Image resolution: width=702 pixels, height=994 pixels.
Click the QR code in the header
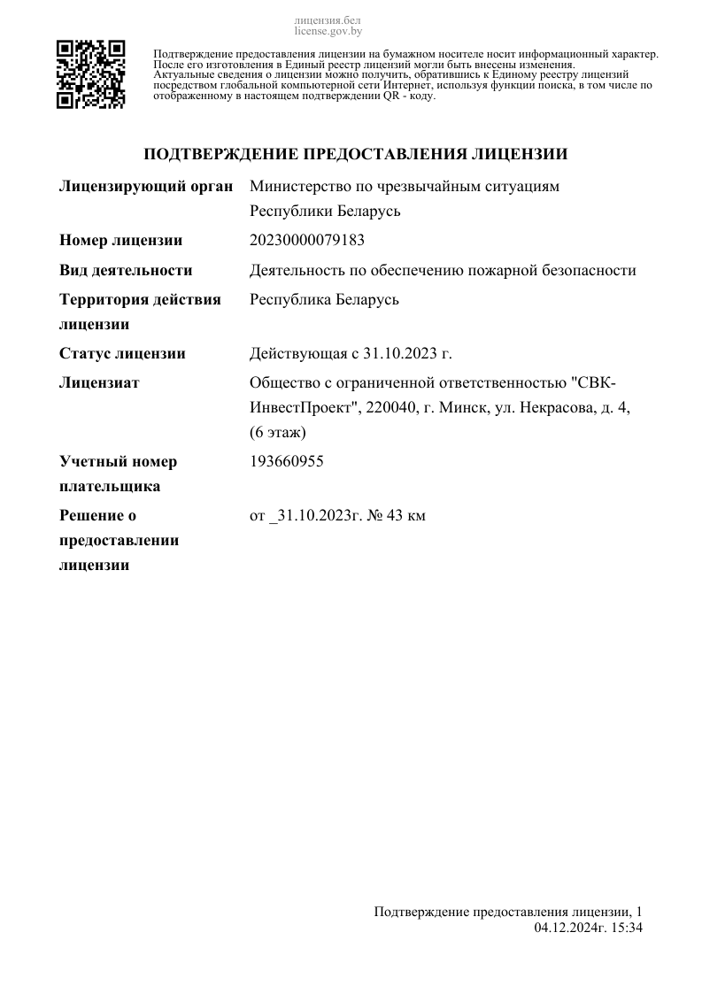[91, 74]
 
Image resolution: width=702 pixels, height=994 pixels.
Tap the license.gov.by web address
[328, 31]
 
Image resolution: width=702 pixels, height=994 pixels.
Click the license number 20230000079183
[307, 241]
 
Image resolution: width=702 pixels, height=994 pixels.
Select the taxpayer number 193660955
[287, 462]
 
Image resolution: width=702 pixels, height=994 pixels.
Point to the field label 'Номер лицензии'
[120, 241]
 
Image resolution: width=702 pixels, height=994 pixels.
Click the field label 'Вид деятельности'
[126, 271]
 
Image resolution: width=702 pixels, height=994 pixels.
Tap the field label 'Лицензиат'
[99, 383]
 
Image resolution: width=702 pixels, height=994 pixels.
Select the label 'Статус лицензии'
[122, 354]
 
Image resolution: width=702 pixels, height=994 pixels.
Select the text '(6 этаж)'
[278, 433]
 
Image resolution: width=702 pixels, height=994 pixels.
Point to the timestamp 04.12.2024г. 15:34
[588, 928]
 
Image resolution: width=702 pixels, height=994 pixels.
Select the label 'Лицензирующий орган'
[146, 187]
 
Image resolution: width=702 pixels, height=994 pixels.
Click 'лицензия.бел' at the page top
[328, 19]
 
